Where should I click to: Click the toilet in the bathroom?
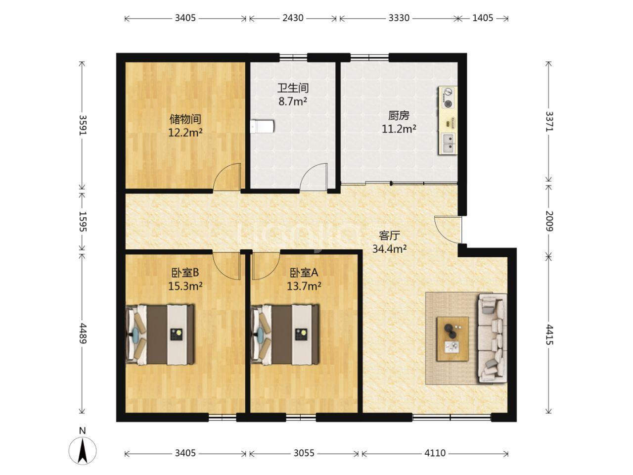click(262, 127)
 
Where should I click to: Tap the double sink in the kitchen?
click(449, 143)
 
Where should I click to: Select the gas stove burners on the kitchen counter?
click(448, 97)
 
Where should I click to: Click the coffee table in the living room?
click(452, 339)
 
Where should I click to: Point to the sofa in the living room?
click(492, 338)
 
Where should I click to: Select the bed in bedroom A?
click(285, 334)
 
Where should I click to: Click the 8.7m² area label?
click(292, 101)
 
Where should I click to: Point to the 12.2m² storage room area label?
click(185, 133)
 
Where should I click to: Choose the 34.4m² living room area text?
click(389, 248)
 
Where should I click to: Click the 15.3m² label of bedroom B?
click(185, 286)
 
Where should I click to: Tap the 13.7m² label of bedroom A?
click(304, 286)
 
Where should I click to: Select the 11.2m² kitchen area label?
click(399, 129)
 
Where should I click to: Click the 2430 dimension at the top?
click(293, 18)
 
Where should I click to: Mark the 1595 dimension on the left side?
click(83, 222)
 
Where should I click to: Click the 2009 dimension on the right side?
click(549, 221)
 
